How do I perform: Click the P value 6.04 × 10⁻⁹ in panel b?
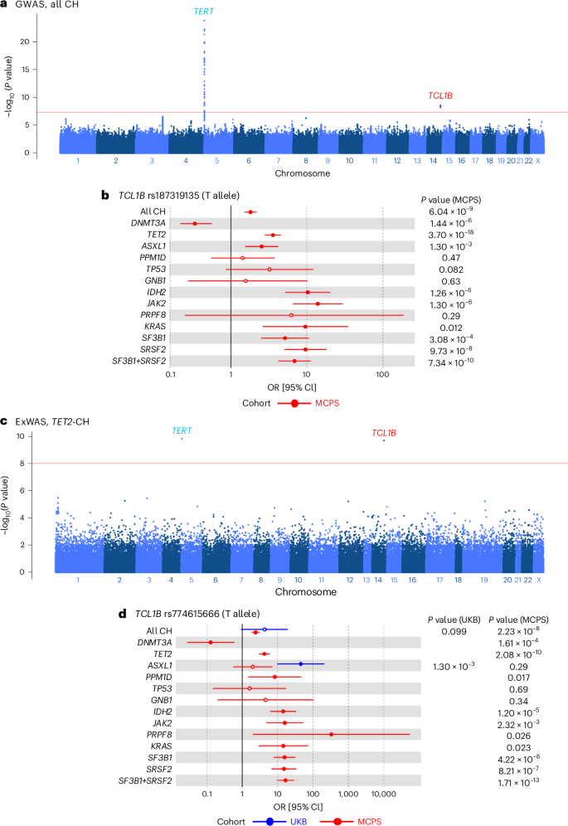tap(449, 212)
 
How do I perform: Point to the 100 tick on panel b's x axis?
tap(382, 375)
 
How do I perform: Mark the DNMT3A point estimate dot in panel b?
tap(195, 224)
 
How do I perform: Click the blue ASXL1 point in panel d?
tap(300, 664)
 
